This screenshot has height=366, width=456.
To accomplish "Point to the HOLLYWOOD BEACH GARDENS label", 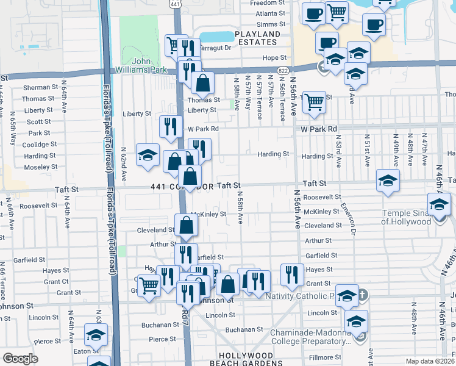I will tap(247, 359).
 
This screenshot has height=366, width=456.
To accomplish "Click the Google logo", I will tap(20, 359).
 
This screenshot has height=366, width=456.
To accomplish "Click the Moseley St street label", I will tap(41, 167).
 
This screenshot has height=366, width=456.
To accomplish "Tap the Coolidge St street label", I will tap(40, 145).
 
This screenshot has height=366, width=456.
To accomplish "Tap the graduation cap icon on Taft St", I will tap(387, 181).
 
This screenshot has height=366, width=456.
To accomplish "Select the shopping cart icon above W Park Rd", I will tap(314, 102).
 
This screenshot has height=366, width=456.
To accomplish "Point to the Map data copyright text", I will tap(427, 361).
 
